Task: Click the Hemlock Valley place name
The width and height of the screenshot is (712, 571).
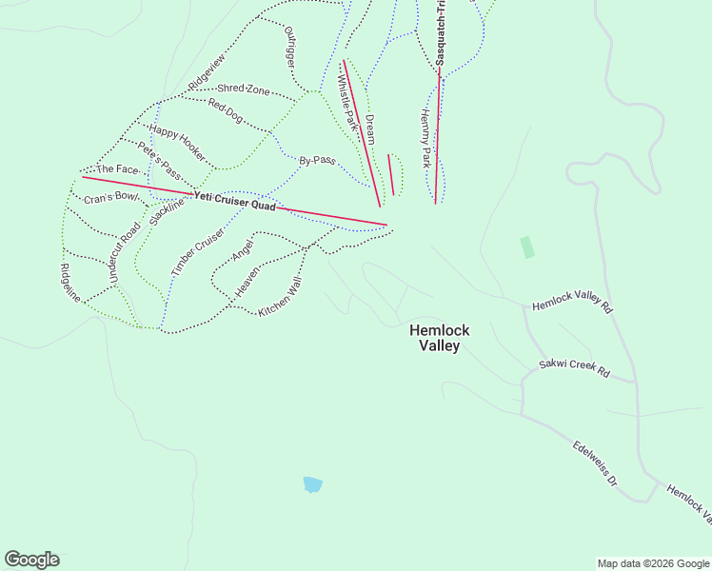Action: (x=439, y=338)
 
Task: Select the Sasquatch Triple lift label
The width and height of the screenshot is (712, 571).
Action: (x=442, y=33)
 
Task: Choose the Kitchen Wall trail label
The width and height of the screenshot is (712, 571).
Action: (x=281, y=298)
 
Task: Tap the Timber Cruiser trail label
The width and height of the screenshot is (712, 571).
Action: (x=199, y=252)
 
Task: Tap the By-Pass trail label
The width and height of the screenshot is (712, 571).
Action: (x=317, y=161)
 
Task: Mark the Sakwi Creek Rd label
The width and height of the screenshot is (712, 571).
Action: (x=574, y=368)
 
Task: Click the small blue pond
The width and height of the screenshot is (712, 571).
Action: (x=312, y=484)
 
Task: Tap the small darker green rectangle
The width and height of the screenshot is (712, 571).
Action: (x=527, y=247)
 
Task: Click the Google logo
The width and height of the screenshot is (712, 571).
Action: (x=31, y=560)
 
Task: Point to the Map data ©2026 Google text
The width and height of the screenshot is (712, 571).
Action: (x=652, y=563)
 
